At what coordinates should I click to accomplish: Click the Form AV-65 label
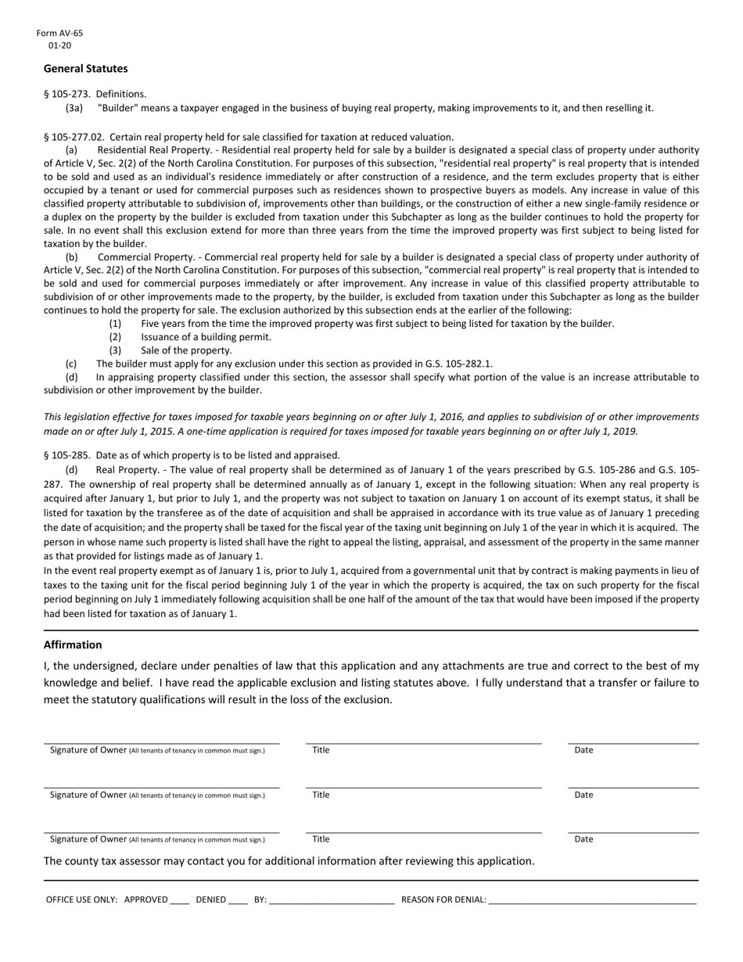click(x=59, y=34)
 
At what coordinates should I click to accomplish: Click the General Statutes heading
click(x=85, y=69)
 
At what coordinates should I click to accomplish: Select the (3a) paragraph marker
click(x=74, y=108)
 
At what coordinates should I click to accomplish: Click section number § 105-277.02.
click(x=81, y=137)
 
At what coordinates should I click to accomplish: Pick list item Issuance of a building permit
click(x=206, y=337)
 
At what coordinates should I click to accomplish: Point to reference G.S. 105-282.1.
click(x=458, y=364)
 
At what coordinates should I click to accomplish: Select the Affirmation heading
click(x=73, y=645)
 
